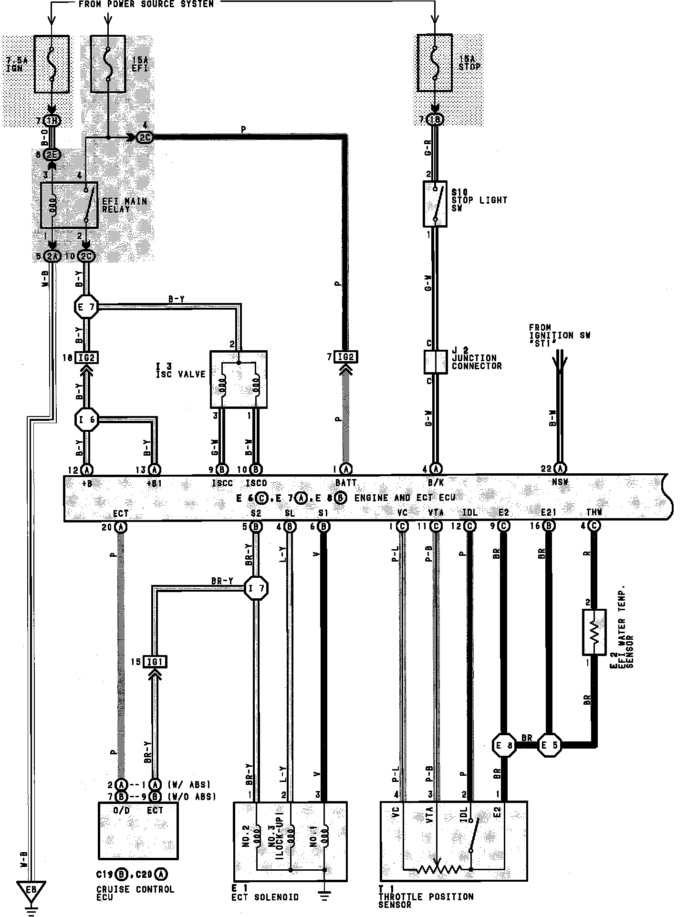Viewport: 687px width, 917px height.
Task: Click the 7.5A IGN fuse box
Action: tap(52, 64)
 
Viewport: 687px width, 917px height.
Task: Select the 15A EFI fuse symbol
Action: tap(108, 64)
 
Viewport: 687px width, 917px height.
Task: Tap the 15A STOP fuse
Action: tap(435, 63)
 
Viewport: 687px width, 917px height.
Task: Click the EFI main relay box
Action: tap(69, 205)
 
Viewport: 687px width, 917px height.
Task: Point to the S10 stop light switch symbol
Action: tap(435, 204)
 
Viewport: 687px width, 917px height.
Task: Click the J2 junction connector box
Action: tap(435, 362)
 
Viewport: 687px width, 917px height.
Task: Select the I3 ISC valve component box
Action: tap(239, 379)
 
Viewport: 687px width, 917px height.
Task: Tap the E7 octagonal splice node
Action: tap(86, 308)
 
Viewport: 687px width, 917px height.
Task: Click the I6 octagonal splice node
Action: tap(86, 420)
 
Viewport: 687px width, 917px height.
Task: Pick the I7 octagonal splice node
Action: tap(256, 588)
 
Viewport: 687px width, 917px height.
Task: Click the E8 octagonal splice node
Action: tap(504, 745)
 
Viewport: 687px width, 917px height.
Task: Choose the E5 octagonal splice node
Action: tap(549, 745)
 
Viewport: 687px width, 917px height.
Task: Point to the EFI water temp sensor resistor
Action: tap(594, 632)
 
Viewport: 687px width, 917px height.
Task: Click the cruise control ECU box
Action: tap(138, 830)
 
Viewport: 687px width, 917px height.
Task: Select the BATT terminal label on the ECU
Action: tap(345, 483)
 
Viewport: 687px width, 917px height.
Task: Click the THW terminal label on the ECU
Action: tap(594, 512)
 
